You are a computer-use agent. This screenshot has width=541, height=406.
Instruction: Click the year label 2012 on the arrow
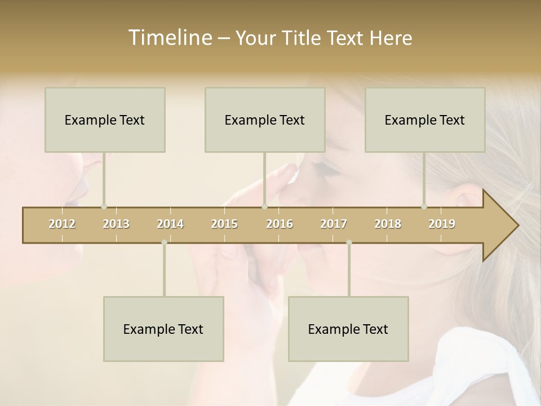62,224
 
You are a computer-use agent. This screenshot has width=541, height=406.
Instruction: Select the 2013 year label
116,224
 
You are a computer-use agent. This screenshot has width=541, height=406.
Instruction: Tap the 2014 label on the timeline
170,224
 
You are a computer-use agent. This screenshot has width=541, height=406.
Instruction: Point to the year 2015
224,224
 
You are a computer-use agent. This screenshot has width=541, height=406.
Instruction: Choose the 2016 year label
280,224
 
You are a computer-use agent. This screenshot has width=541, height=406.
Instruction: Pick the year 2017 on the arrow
334,224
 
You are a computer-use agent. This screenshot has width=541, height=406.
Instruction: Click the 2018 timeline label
388,224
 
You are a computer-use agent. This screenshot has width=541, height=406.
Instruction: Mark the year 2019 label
442,224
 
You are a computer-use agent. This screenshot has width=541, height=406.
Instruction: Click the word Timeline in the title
168,38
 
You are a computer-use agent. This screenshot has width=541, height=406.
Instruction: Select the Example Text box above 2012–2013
105,120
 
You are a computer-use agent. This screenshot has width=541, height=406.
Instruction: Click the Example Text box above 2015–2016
265,120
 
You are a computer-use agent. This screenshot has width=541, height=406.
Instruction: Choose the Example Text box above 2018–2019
425,120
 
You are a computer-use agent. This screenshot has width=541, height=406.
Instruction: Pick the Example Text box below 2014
163,329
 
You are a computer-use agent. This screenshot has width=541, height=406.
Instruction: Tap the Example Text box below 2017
348,329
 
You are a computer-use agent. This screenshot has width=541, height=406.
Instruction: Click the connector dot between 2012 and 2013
104,206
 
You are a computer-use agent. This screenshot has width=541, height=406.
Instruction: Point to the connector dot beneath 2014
164,242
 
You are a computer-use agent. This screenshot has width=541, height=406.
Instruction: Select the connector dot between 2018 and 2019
424,206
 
